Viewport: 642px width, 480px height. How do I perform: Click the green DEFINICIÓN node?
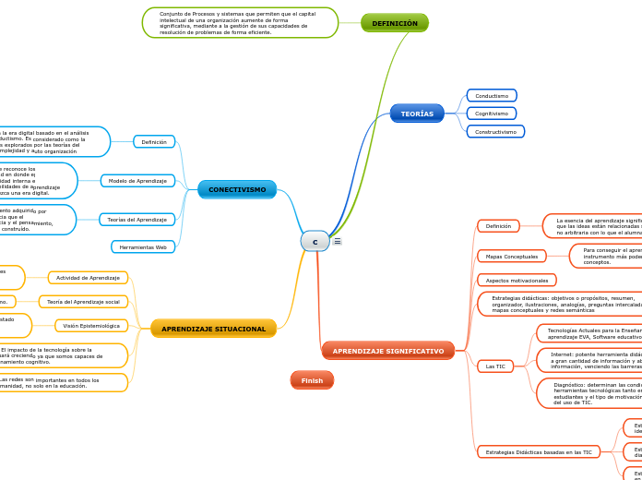pos(395,23)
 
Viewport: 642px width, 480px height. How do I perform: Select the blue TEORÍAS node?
pos(417,114)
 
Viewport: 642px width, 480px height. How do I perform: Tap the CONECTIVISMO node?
pos(237,189)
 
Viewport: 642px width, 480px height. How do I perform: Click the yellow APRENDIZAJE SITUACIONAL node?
pos(213,329)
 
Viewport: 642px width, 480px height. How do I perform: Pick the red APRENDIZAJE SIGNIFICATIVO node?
pos(388,351)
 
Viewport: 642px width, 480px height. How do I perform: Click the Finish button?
pos(312,380)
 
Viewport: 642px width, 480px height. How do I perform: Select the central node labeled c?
pos(315,242)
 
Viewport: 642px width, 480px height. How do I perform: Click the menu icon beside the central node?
pos(338,241)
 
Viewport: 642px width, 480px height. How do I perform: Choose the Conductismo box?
pos(492,96)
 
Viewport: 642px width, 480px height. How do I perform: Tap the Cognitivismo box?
pos(492,114)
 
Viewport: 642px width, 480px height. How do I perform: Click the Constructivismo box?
pos(495,132)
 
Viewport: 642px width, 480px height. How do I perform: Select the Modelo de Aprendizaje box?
pos(138,181)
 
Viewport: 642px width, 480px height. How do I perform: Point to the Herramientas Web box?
pos(143,247)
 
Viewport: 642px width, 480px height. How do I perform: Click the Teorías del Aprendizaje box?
pos(137,220)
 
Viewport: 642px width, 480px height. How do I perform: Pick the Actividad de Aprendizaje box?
pos(89,278)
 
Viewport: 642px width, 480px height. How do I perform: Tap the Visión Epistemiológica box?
pos(91,326)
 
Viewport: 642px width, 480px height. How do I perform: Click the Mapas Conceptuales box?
pos(512,256)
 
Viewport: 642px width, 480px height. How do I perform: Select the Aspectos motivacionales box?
pos(517,281)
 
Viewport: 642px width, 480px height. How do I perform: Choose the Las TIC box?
pos(495,366)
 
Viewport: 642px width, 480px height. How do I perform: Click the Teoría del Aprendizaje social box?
pos(83,302)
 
